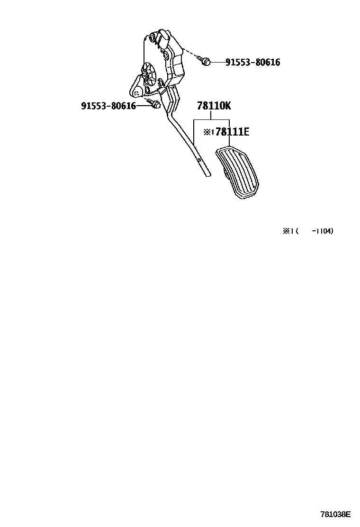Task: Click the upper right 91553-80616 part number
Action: [252, 62]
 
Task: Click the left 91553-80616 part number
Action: [108, 106]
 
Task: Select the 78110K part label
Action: [214, 106]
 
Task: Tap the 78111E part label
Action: [232, 132]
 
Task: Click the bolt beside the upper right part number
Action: [205, 61]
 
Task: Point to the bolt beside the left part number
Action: [153, 104]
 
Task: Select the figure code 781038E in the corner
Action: [335, 514]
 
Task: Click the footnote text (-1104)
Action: [322, 231]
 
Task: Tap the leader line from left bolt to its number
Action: [143, 105]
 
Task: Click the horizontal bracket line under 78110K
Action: [211, 120]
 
